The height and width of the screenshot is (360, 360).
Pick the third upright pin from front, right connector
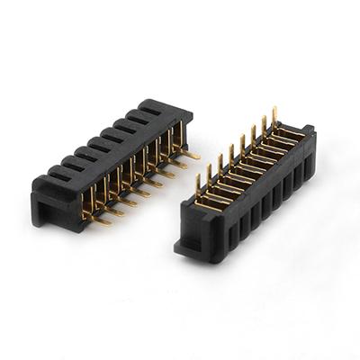coord(219,165)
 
